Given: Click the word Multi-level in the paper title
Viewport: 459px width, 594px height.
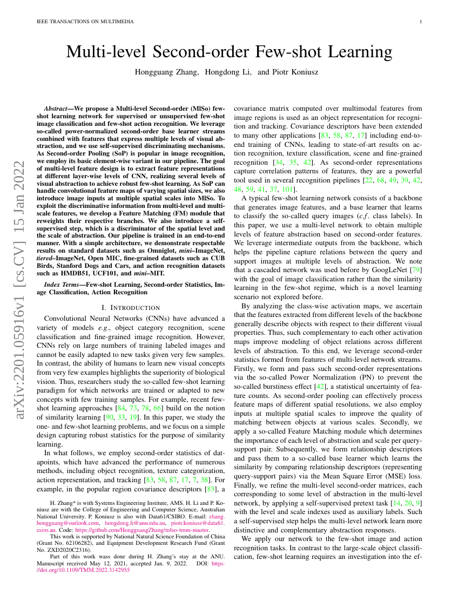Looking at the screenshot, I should (x=103, y=52).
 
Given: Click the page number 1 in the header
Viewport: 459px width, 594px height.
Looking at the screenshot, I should (x=420, y=22).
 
